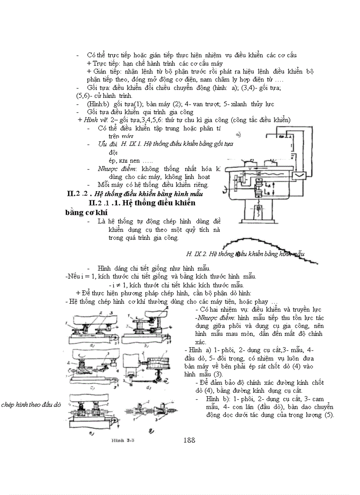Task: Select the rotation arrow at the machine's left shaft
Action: coord(226,190)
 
